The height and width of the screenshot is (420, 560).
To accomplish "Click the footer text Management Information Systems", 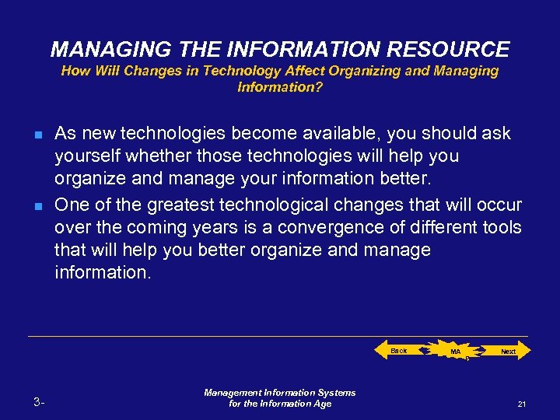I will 279,393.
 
